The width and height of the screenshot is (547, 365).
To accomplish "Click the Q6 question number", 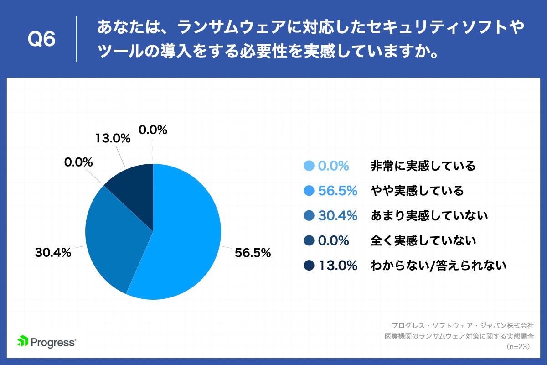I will point(42,40).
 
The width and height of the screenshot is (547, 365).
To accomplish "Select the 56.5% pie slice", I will point(182,242).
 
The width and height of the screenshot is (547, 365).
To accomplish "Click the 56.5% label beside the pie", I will point(253,252).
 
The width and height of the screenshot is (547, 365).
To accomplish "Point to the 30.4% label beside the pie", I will point(53,252).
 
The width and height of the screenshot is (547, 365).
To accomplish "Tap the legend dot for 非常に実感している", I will point(309,166).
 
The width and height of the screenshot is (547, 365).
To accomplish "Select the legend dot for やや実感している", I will point(309,191).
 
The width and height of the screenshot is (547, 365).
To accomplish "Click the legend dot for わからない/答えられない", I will point(309,265).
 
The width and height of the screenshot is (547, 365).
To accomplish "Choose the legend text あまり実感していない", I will point(429,215).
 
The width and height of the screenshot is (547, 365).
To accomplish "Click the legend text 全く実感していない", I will point(423,240).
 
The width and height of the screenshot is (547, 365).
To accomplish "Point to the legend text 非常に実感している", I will point(423,166).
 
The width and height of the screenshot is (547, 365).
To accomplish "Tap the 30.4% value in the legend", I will point(337,215).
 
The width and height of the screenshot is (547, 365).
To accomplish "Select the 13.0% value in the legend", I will point(337,265).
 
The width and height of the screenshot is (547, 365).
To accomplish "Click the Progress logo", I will point(46,341).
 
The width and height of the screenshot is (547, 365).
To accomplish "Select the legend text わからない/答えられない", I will point(439,265).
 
